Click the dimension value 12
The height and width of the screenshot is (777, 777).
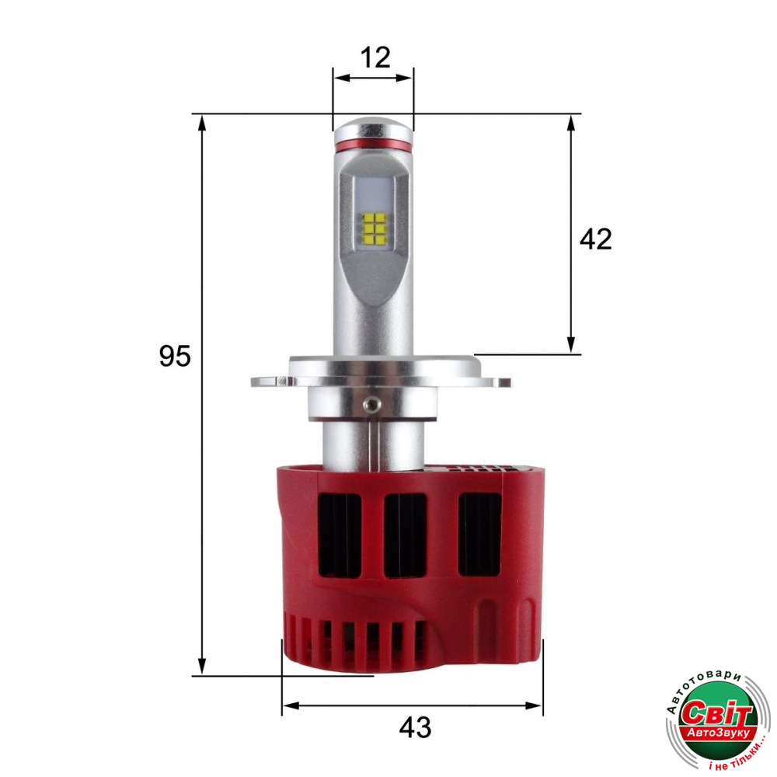tap(375, 57)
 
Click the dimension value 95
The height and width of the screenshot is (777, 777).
tap(174, 356)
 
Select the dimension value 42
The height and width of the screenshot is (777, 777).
tap(596, 239)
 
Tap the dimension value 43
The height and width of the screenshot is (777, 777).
tap(415, 727)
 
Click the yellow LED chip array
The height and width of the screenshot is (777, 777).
tap(375, 229)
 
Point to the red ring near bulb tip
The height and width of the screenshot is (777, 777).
tap(373, 145)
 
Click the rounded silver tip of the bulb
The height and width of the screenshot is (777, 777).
tap(373, 129)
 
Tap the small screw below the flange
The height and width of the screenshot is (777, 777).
tap(368, 403)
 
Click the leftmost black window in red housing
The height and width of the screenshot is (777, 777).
tap(340, 535)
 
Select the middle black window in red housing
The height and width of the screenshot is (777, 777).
tap(406, 535)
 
